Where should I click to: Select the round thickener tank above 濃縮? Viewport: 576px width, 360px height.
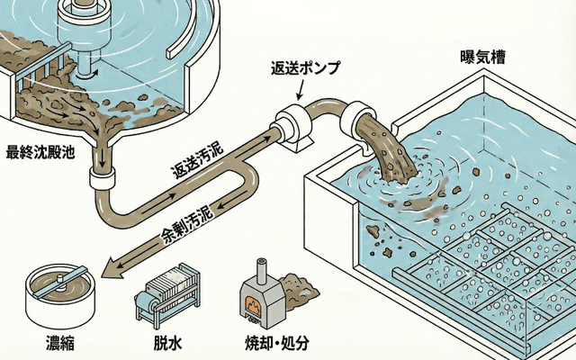pos(58,295)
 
